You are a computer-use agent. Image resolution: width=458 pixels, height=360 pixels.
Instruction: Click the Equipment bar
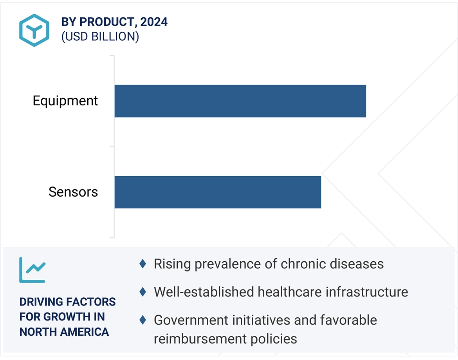pyautogui.click(x=240, y=101)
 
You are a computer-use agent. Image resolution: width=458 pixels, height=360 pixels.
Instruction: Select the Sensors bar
pyautogui.click(x=218, y=192)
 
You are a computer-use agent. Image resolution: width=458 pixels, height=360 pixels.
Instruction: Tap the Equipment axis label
pyautogui.click(x=65, y=101)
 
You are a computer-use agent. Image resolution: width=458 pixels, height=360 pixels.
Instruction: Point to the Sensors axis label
pyautogui.click(x=73, y=192)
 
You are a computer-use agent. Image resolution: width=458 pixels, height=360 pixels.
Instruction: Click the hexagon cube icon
pyautogui.click(x=34, y=30)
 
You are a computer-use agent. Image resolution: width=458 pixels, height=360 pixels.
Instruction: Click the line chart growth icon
pyautogui.click(x=32, y=270)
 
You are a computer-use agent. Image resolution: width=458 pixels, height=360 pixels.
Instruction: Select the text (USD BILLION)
pyautogui.click(x=100, y=36)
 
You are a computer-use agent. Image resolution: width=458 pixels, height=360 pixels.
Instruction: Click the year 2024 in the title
pyautogui.click(x=154, y=22)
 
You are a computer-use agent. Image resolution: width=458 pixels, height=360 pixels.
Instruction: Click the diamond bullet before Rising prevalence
pyautogui.click(x=143, y=264)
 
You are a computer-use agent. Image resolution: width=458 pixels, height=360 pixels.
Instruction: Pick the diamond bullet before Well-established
pyautogui.click(x=143, y=292)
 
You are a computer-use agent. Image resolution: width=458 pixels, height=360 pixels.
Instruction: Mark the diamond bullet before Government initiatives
pyautogui.click(x=143, y=320)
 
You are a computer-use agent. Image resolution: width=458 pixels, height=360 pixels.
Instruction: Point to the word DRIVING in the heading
pyautogui.click(x=41, y=302)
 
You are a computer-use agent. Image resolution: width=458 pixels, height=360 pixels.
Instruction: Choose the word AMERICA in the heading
pyautogui.click(x=87, y=332)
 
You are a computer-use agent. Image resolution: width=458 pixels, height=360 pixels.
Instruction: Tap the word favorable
pyautogui.click(x=349, y=320)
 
